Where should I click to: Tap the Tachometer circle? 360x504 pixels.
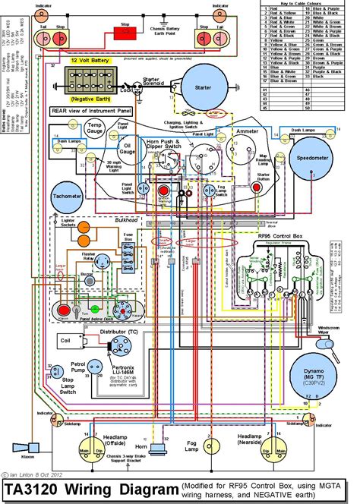click(x=67, y=197)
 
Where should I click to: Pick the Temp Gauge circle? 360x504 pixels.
click(x=95, y=128)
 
